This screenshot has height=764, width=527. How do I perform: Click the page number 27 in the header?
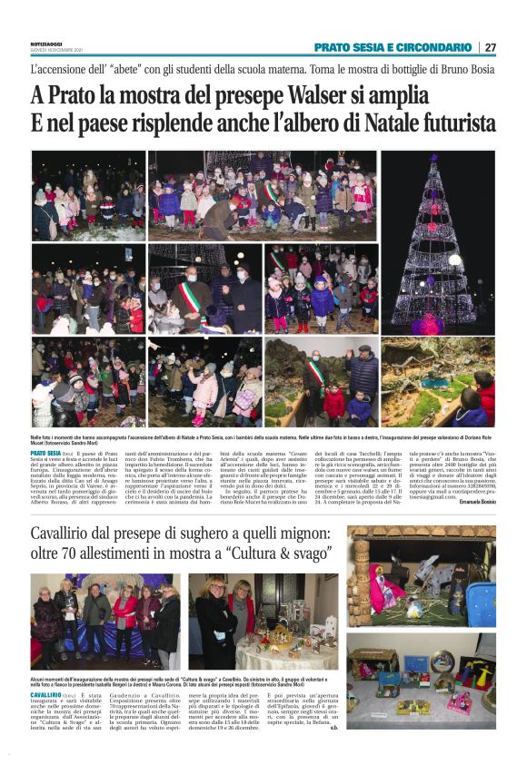pos(490,47)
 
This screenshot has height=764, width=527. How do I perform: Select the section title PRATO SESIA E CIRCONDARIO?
pos(393,47)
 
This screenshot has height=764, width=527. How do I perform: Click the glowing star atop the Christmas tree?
pos(438,159)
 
